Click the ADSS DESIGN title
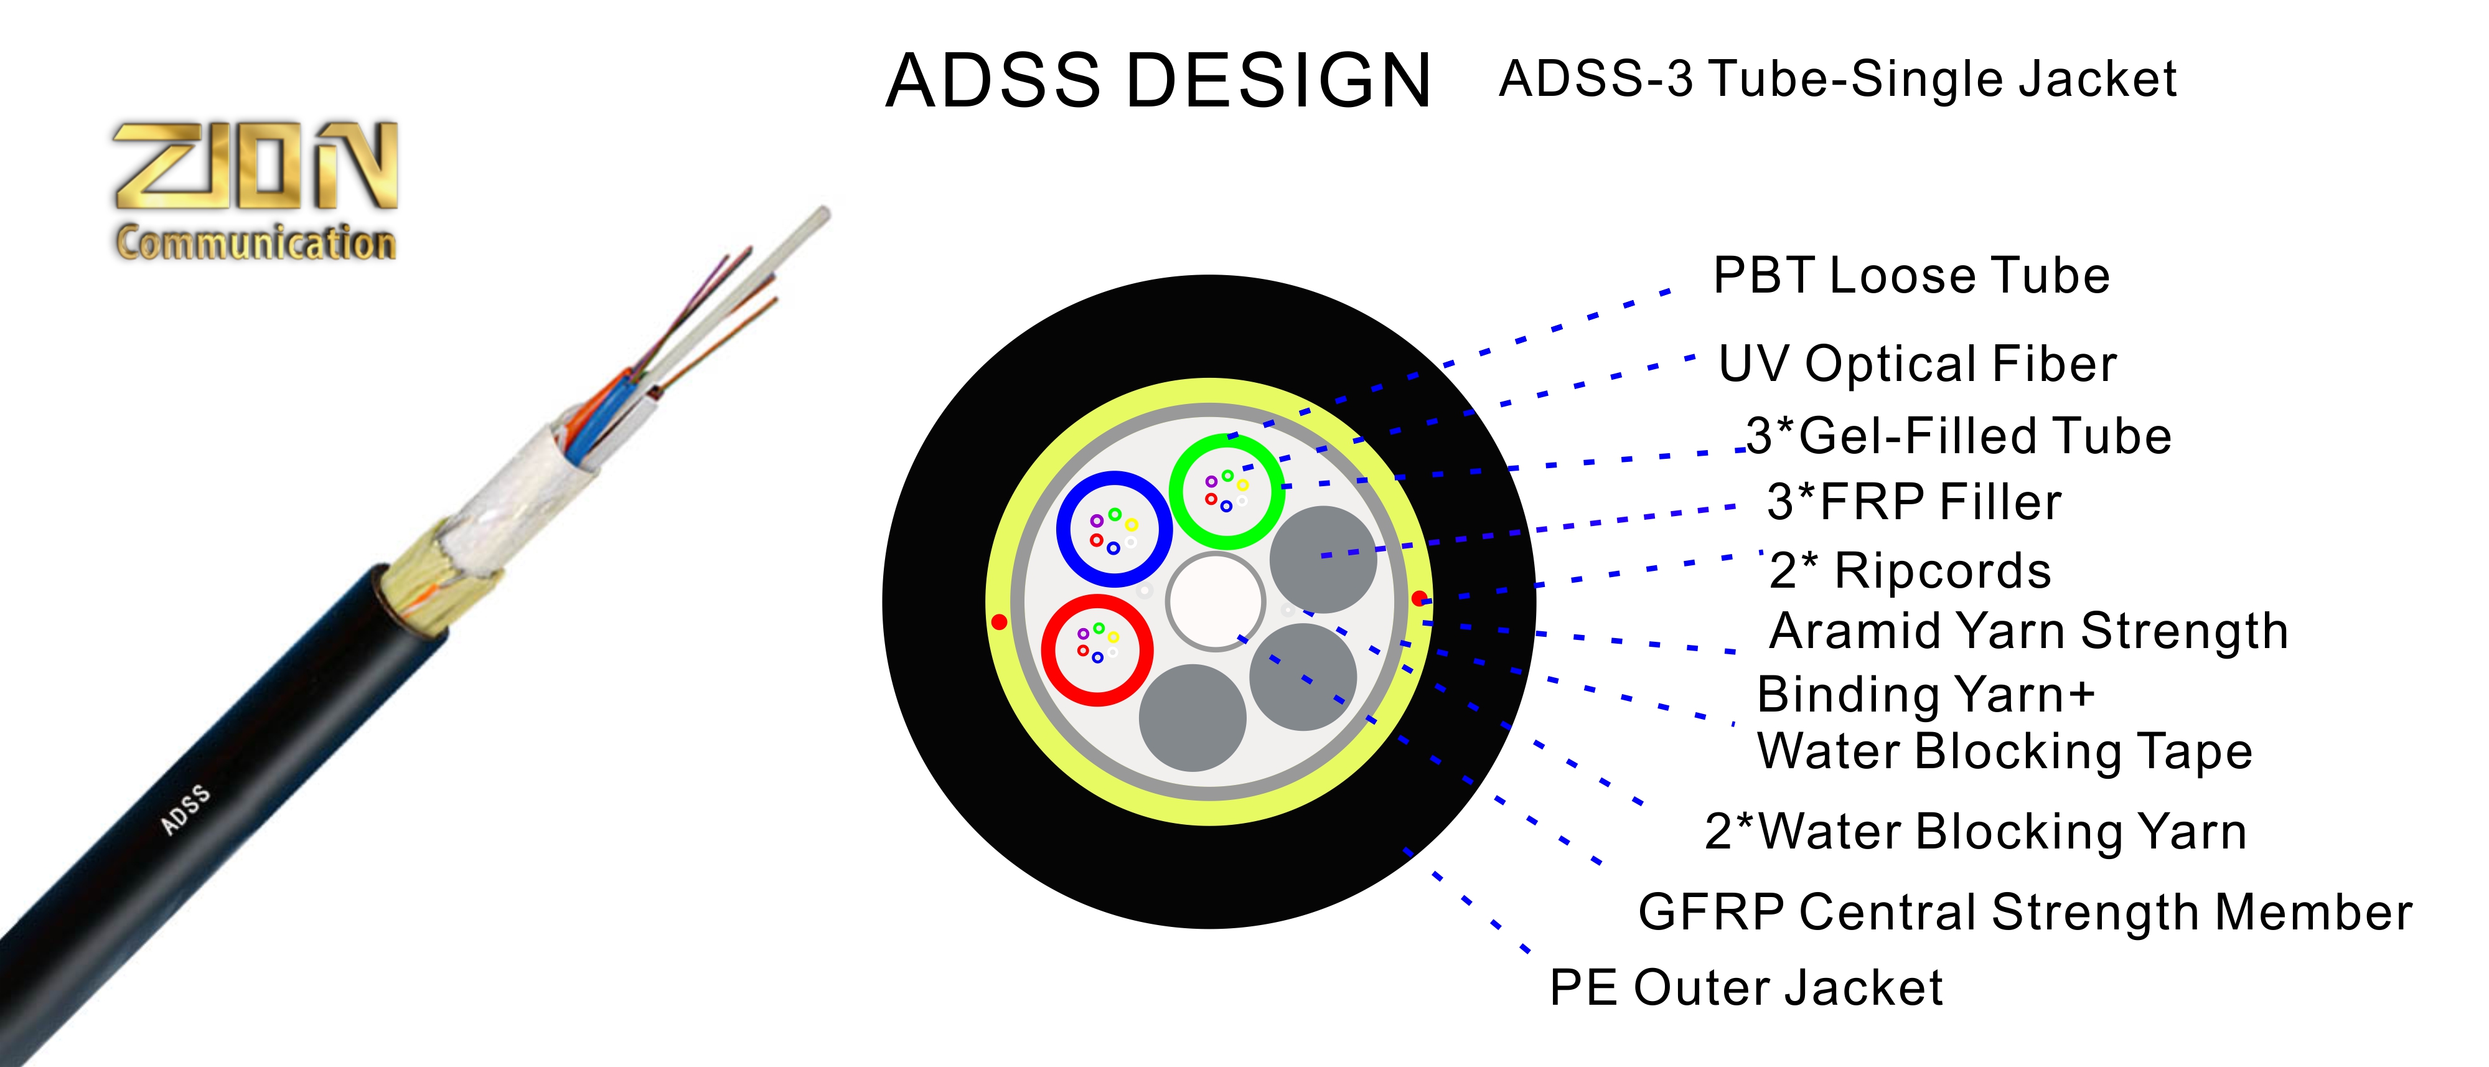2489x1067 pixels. coord(1158,80)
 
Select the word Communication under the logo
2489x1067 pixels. coord(256,242)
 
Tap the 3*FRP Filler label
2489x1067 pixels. coord(1914,502)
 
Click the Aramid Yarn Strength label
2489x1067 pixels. coord(2028,632)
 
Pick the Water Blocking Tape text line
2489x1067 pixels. coord(2005,752)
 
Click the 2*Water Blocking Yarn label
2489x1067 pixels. coord(1975,832)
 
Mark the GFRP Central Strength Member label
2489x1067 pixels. coord(2024,913)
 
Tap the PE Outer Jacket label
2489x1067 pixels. coord(1745,989)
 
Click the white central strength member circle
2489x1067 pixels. coord(1214,601)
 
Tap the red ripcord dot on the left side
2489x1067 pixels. coord(999,621)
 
